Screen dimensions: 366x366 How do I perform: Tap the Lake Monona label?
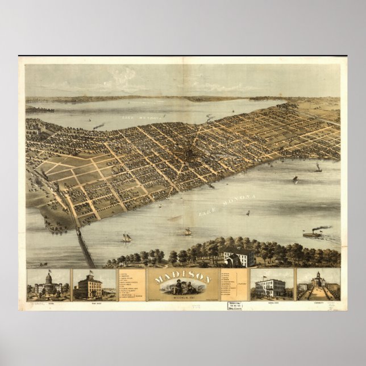227,204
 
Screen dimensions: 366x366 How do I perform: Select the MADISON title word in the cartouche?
183,277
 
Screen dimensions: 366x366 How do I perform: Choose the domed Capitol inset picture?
48,284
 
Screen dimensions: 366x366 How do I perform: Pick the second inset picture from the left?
94,284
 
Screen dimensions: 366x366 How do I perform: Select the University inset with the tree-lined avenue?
318,284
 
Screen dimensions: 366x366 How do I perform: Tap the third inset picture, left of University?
272,284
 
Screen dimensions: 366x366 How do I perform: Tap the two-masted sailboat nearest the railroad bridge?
126,237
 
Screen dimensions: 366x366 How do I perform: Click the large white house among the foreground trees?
238,257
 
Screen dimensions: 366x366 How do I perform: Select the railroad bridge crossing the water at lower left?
86,247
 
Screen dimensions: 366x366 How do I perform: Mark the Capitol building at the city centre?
188,152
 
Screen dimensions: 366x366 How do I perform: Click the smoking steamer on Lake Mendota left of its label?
99,126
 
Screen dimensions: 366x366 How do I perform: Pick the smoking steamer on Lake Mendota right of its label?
210,119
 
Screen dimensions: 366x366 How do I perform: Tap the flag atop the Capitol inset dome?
49,272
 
